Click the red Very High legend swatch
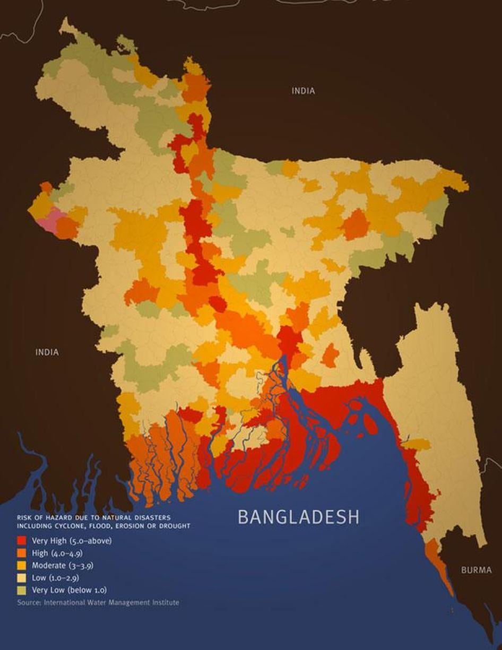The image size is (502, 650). click(x=21, y=541)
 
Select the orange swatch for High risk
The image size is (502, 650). click(x=21, y=553)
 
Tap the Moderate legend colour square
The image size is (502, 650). click(x=21, y=565)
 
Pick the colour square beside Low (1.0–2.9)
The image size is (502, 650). click(x=21, y=577)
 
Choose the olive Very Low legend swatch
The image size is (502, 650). click(x=21, y=590)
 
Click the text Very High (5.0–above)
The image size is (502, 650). click(x=72, y=541)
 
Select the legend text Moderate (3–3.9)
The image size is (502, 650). click(x=63, y=565)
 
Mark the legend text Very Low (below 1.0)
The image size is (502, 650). click(x=70, y=590)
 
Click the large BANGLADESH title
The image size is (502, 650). click(x=298, y=517)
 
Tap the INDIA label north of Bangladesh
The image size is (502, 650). click(x=303, y=91)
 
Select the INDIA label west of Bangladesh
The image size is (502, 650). click(x=47, y=352)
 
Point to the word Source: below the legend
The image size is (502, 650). click(x=29, y=602)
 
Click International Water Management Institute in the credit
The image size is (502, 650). click(x=111, y=602)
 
